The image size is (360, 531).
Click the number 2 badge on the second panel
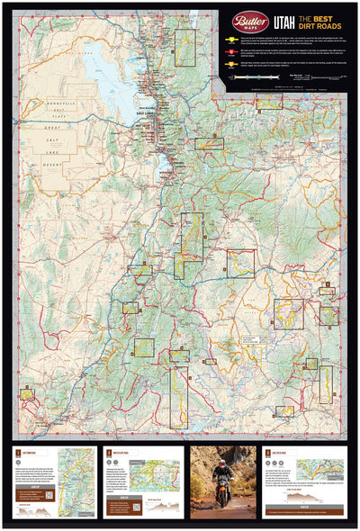tap(108, 453)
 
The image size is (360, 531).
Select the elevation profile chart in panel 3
tap(304, 498)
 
